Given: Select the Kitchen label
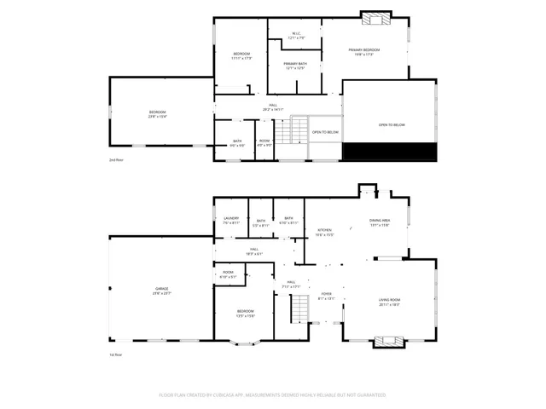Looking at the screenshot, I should click(x=325, y=232).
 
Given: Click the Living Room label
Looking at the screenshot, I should click(x=389, y=302).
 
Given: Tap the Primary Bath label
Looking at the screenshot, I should click(x=295, y=66).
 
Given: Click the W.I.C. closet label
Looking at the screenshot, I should click(x=295, y=37).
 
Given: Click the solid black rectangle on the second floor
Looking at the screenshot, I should click(x=389, y=152).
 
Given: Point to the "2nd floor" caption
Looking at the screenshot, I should click(x=116, y=160).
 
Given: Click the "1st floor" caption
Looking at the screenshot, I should click(x=116, y=354).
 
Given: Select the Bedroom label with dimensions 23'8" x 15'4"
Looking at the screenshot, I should click(x=158, y=114).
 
